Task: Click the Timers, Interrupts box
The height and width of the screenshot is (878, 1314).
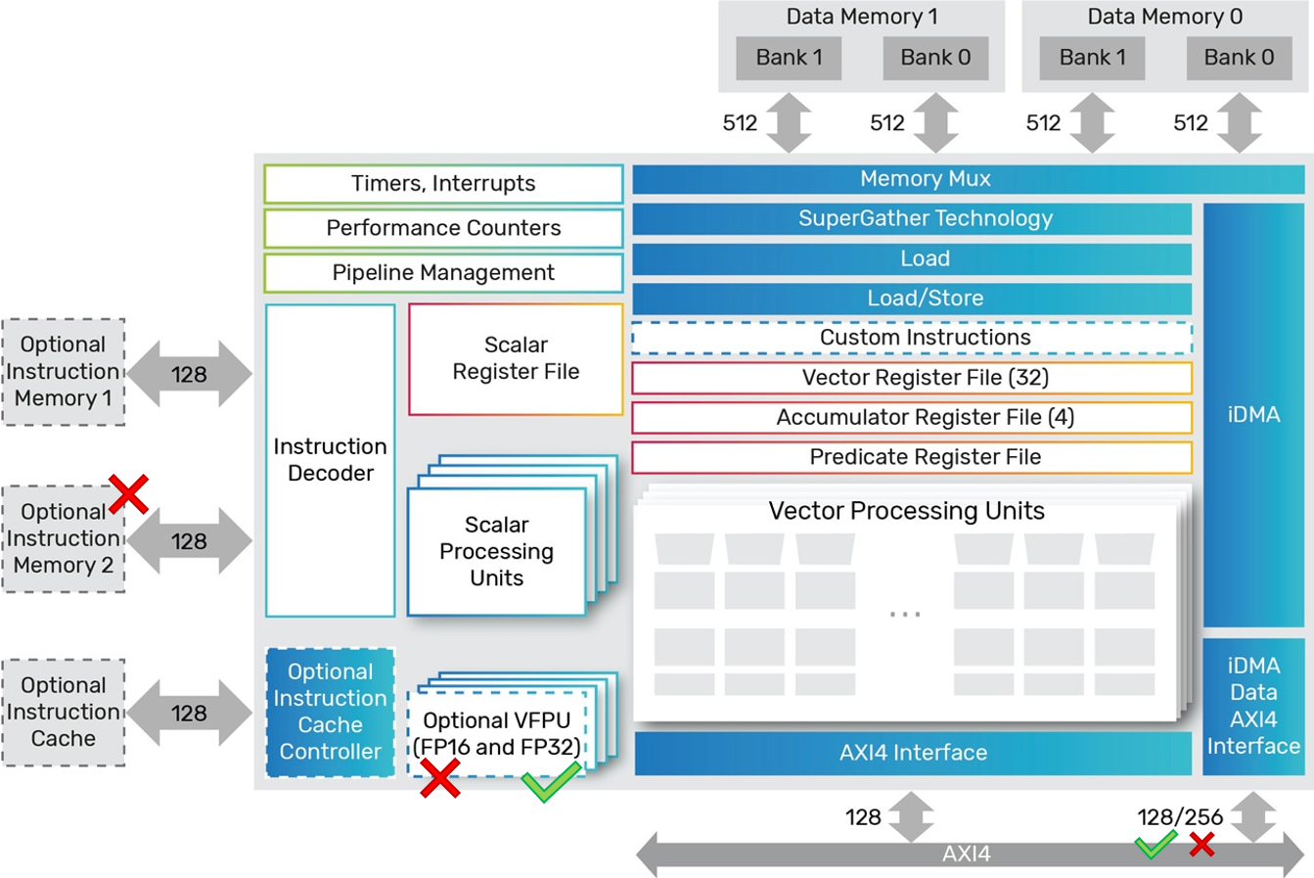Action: (x=443, y=184)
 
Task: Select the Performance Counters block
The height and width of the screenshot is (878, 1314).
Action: (x=443, y=228)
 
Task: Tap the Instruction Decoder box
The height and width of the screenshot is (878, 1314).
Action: (x=331, y=460)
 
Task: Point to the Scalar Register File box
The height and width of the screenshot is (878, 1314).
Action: (x=516, y=358)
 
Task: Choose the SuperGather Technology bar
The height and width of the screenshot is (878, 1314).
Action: (x=912, y=218)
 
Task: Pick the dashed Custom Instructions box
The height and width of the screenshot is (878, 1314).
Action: (x=912, y=338)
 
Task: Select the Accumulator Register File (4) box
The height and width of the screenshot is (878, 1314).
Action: (x=912, y=418)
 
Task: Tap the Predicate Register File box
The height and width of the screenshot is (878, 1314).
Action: (x=912, y=457)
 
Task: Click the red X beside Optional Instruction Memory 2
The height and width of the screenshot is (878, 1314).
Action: (x=128, y=493)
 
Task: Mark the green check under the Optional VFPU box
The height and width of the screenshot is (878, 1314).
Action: (x=551, y=783)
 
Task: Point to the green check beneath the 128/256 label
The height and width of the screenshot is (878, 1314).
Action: (x=1155, y=844)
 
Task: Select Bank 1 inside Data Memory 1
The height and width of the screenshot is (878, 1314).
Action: (x=789, y=58)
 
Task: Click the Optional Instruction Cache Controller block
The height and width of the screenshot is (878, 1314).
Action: (x=331, y=712)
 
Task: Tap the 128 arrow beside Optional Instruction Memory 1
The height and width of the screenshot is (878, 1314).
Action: (x=189, y=374)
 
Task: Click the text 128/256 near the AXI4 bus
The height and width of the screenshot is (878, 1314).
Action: (x=1180, y=817)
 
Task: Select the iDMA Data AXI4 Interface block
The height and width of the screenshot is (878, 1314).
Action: (x=1253, y=706)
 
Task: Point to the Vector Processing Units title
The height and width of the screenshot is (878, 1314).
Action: (x=906, y=511)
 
